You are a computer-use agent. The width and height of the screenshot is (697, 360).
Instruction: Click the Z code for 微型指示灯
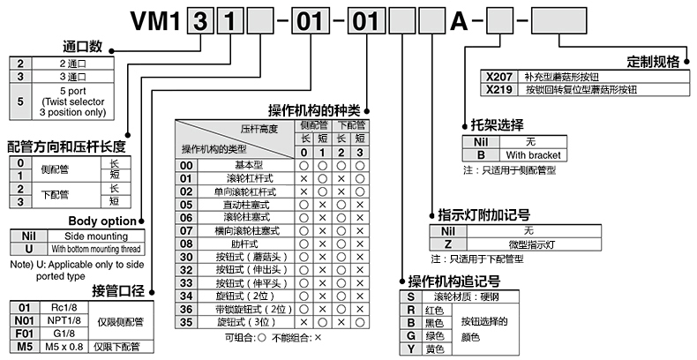(448, 244)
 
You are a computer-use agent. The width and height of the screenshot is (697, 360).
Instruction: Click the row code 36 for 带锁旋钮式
(186, 310)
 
